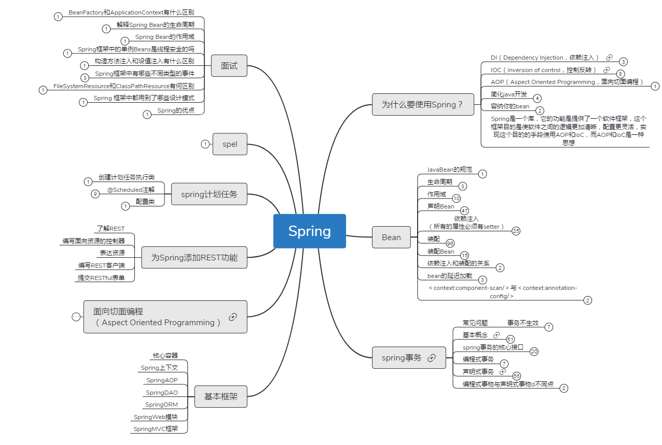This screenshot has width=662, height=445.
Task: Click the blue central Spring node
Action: pos(309,231)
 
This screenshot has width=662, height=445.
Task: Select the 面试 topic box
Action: pos(229,65)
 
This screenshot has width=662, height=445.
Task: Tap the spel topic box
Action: pos(230,144)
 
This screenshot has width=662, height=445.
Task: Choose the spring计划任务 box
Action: pos(209,194)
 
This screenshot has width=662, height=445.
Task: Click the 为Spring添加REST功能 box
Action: pos(194,257)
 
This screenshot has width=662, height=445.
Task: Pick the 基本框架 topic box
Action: pos(221,397)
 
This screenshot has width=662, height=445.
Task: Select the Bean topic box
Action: pos(391,237)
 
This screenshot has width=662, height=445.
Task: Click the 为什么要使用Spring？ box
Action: pos(423,105)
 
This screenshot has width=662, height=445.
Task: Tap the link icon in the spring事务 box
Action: pos(432,358)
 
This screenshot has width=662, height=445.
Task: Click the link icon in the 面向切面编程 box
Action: pos(233,317)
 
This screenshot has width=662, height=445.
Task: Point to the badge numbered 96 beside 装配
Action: pos(450,243)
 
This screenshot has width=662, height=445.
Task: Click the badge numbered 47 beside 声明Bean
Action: pos(464,211)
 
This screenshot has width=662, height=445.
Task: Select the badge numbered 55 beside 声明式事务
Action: pos(517,376)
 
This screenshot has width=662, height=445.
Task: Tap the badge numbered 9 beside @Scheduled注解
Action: pos(95,194)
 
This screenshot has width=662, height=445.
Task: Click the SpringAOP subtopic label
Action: pos(162,380)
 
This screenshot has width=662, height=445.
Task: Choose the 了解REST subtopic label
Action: pos(111,228)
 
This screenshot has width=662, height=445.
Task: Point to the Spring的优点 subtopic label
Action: pos(176,110)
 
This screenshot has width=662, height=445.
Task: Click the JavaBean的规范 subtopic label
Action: pos(449,170)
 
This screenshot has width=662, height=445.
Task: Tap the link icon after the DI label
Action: pos(609,58)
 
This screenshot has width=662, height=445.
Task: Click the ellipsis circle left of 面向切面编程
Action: pos(76,317)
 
